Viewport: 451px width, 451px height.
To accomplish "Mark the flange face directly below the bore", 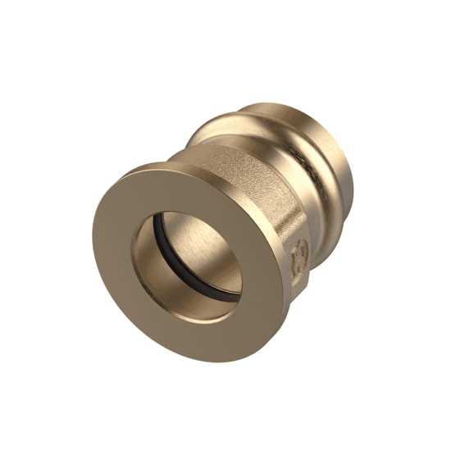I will [205, 328].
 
